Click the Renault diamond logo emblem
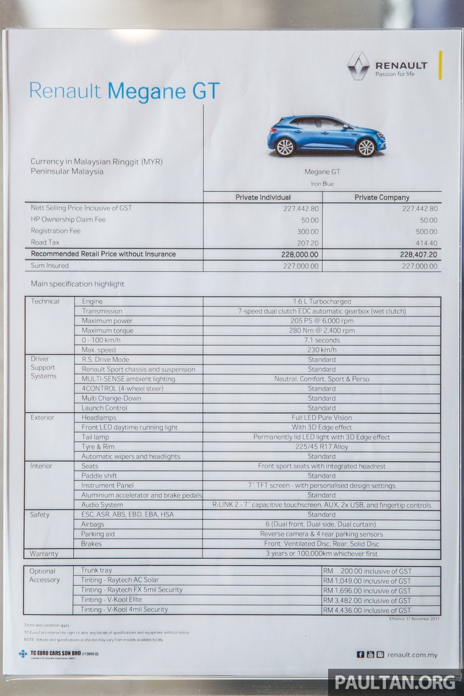(x=358, y=66)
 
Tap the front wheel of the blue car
(x=365, y=147)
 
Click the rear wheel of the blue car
(x=284, y=147)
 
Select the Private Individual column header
(x=263, y=197)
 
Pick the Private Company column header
(x=382, y=197)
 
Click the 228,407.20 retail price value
(x=419, y=254)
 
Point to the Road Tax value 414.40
(x=426, y=242)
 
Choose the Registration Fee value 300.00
(x=308, y=231)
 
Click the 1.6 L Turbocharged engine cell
(x=322, y=301)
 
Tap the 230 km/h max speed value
(x=322, y=350)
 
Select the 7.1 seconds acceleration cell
(x=322, y=340)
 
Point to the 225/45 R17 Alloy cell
(x=322, y=447)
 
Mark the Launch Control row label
(x=104, y=408)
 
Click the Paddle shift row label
(x=99, y=476)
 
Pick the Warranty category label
(x=44, y=554)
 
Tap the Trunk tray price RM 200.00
(x=366, y=571)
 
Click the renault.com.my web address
(x=412, y=655)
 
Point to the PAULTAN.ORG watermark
(x=395, y=682)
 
